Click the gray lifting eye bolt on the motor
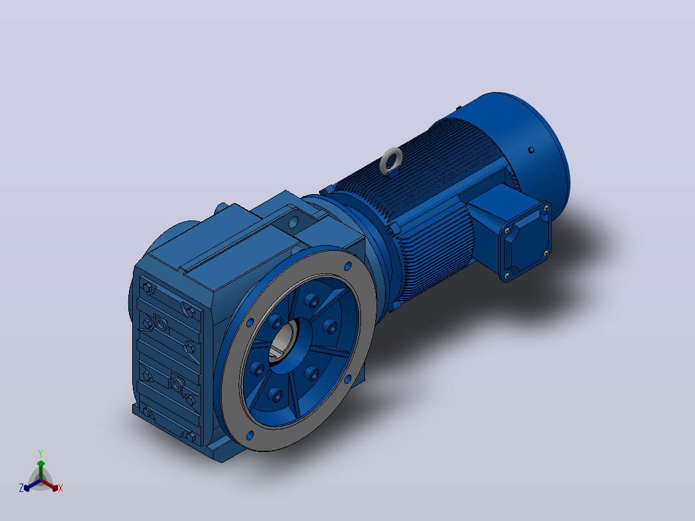click(x=391, y=161)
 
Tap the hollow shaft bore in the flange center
click(x=283, y=342)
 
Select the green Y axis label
click(x=41, y=453)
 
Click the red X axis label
click(x=61, y=488)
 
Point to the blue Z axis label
click(x=21, y=488)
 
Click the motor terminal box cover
click(x=526, y=241)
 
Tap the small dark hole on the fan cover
click(x=531, y=150)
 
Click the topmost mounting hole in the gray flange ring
click(x=347, y=266)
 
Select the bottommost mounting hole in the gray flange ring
click(x=250, y=435)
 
